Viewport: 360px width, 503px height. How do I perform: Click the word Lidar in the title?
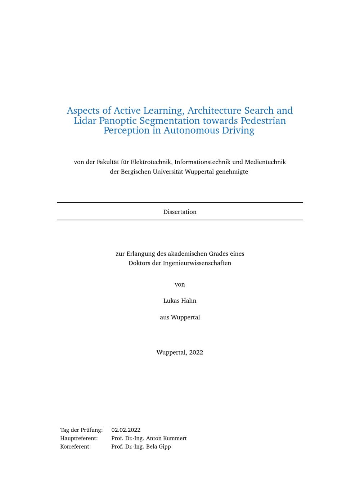pos(85,121)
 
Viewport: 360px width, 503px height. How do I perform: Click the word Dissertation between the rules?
pos(180,212)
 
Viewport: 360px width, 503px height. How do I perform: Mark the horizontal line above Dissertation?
pos(180,203)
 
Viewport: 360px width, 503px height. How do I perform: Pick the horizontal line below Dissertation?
pos(180,220)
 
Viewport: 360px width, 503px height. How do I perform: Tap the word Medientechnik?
pos(265,162)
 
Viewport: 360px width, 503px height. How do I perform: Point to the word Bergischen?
pos(136,172)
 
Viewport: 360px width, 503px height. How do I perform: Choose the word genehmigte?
pos(231,172)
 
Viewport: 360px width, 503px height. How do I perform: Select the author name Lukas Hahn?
pos(180,301)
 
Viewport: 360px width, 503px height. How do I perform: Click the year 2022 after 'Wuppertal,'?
pos(196,352)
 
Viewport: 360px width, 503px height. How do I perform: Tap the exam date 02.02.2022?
pos(126,430)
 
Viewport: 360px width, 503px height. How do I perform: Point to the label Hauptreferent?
pos(79,438)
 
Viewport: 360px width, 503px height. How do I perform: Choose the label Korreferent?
pos(75,447)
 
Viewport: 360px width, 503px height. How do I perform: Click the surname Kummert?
pos(175,438)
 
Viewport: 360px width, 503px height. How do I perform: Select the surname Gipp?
pos(164,447)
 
